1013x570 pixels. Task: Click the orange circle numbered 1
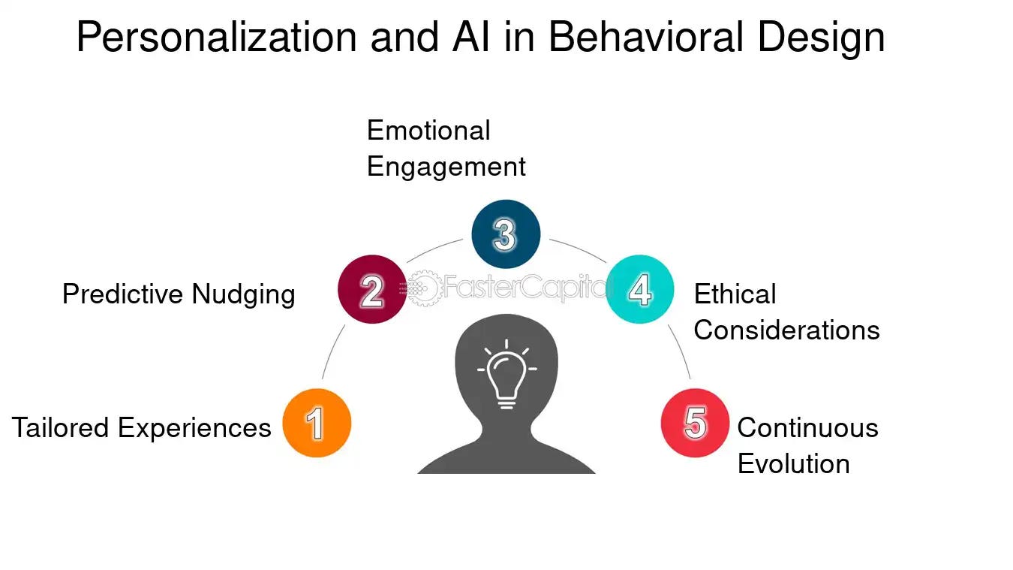click(317, 423)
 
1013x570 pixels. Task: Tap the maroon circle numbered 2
click(372, 289)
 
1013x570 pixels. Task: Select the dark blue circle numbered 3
click(506, 234)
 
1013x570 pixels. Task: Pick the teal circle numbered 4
click(639, 289)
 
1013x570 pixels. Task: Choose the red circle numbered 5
click(695, 423)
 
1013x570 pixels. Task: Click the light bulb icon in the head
click(506, 372)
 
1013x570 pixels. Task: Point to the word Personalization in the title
click(216, 38)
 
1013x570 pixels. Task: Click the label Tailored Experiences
click(141, 427)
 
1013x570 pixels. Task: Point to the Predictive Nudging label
click(179, 294)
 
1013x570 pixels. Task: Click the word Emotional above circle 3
click(428, 131)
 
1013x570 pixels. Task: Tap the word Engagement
click(446, 167)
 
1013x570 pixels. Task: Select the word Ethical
click(735, 294)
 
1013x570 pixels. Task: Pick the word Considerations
click(786, 330)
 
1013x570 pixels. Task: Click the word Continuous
click(807, 427)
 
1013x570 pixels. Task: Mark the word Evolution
click(793, 463)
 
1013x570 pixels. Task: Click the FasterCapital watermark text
click(525, 286)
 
